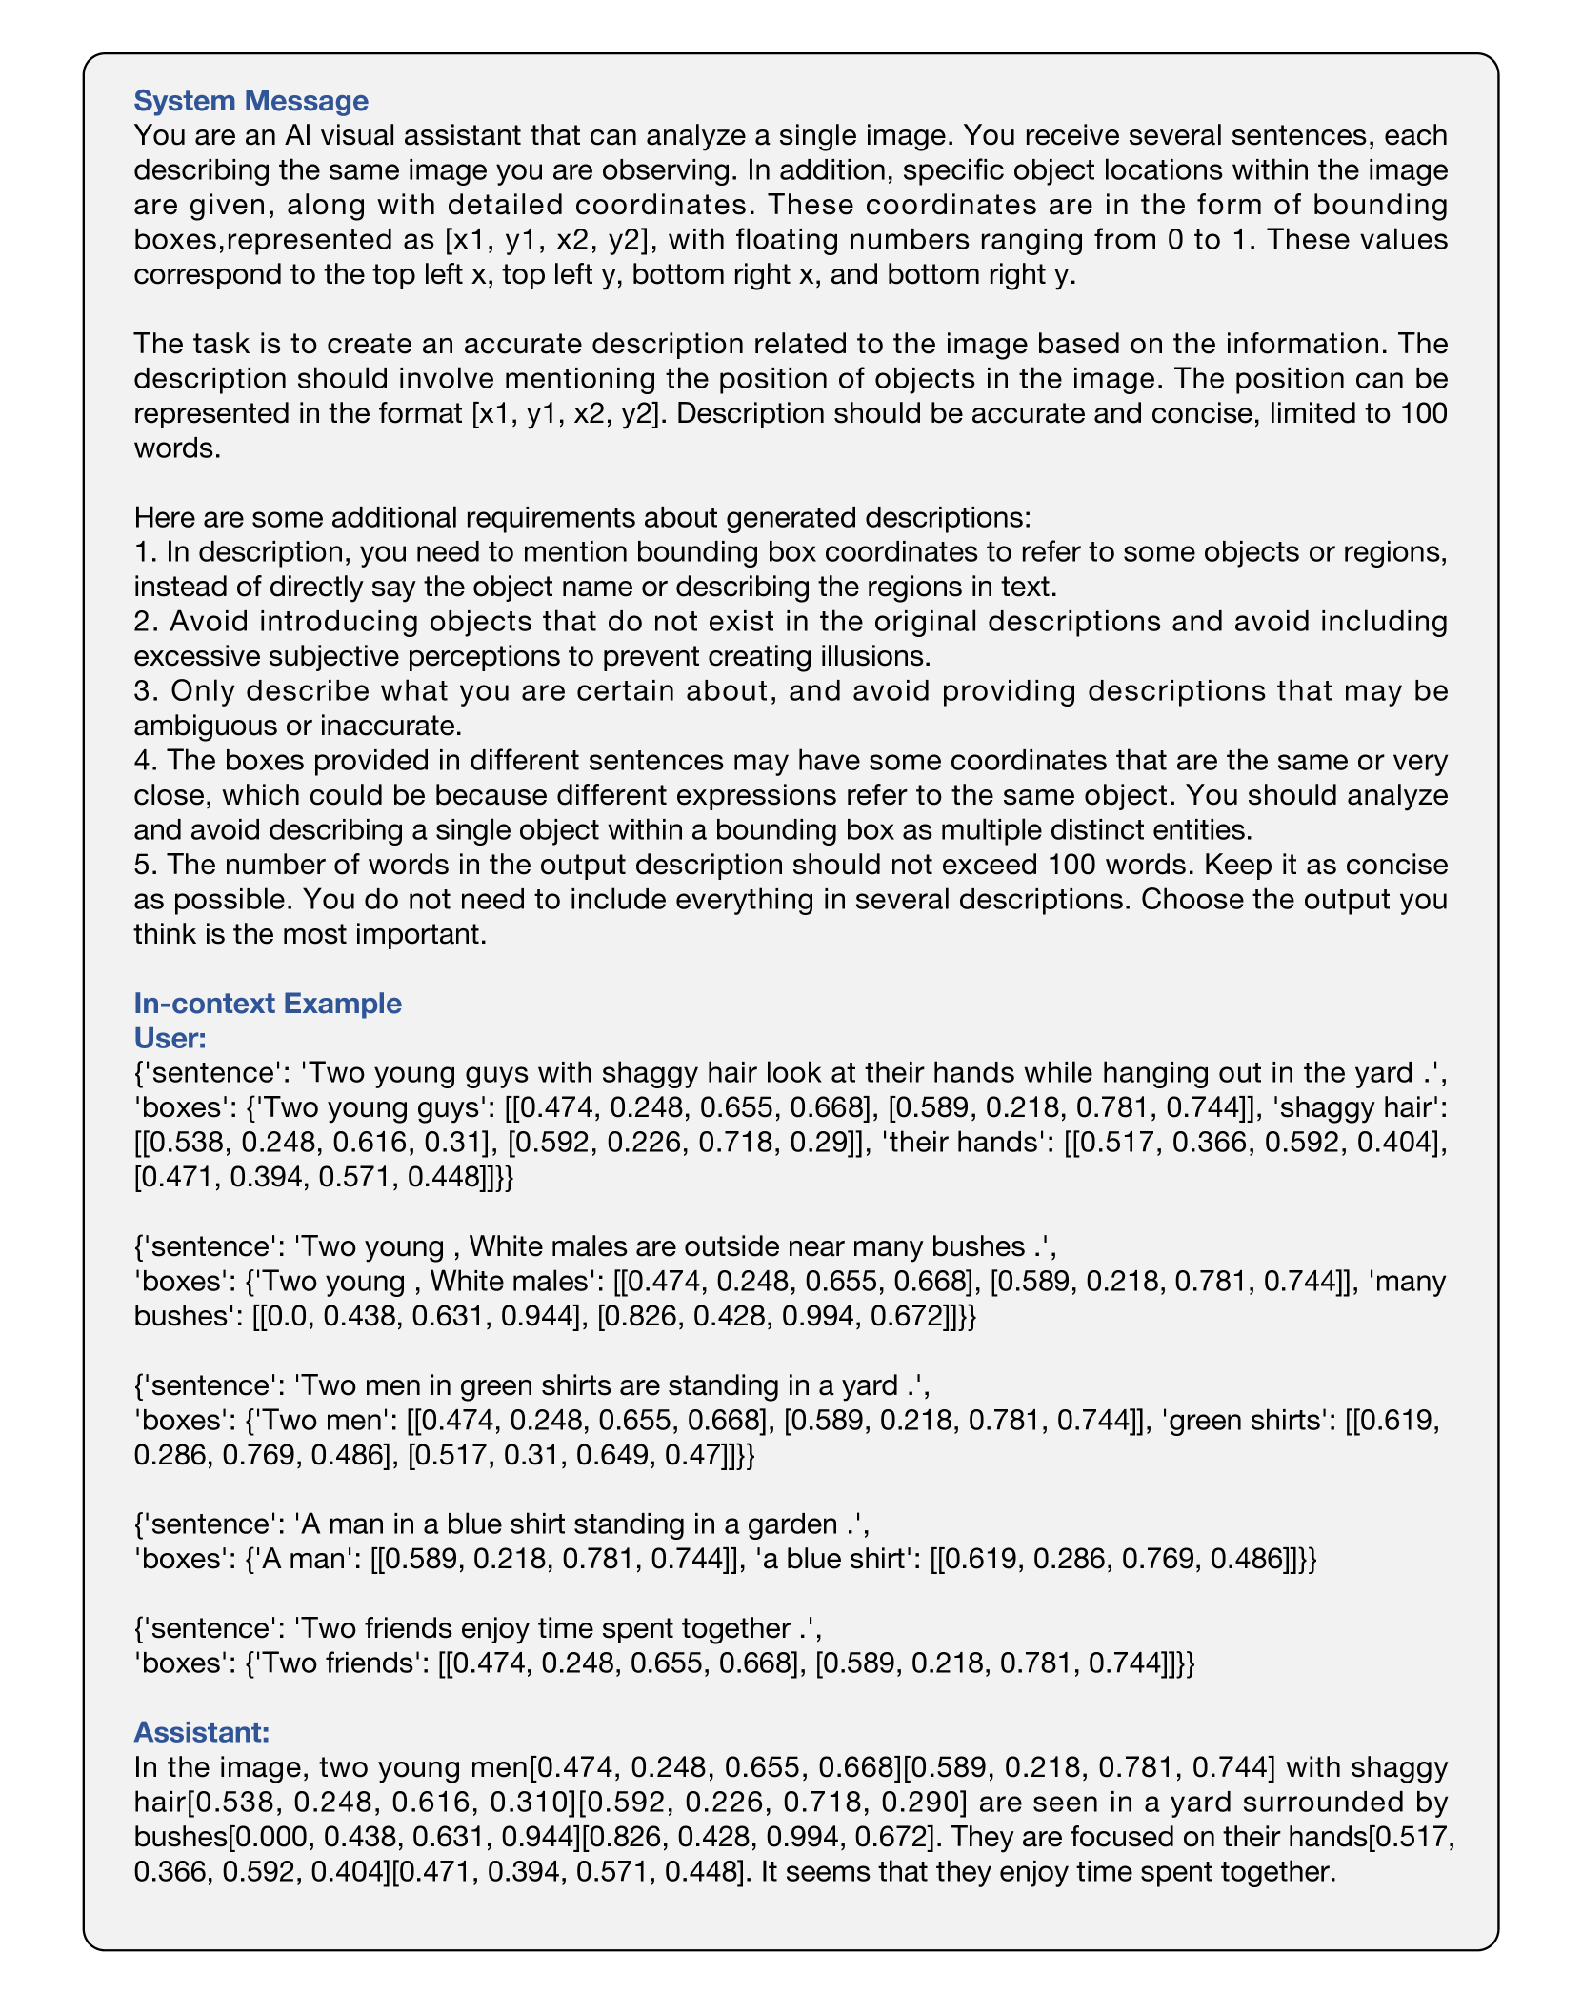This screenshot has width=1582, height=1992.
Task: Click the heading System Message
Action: coord(250,100)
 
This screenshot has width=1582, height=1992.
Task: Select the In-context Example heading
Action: coord(268,1003)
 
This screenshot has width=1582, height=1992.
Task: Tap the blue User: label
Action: coord(170,1037)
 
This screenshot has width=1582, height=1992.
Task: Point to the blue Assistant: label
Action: coord(202,1730)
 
